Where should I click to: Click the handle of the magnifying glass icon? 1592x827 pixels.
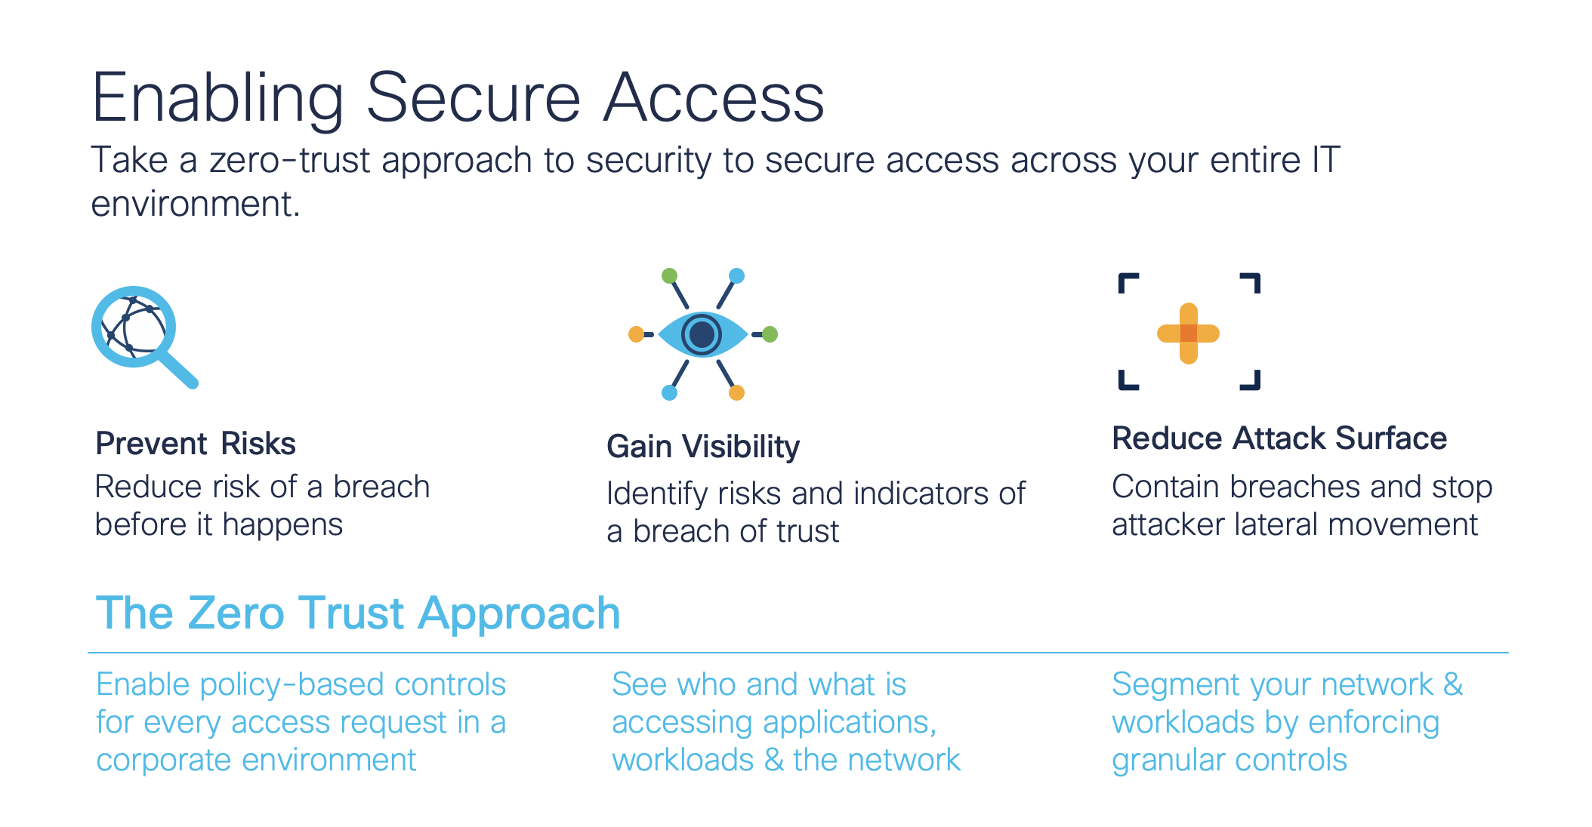coord(180,370)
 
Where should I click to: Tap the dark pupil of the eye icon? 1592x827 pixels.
coord(702,334)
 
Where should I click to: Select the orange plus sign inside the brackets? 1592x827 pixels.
coord(1188,334)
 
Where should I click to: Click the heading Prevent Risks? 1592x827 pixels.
coord(196,444)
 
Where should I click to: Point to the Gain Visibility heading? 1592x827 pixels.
coord(703,447)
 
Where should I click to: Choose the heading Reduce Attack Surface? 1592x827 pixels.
coord(1279,438)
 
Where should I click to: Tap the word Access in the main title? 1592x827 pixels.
coord(714,98)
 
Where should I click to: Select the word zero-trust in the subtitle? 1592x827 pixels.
coord(289,161)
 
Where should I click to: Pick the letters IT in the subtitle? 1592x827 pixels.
coord(1325,160)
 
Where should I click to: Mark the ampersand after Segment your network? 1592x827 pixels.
coord(1453,684)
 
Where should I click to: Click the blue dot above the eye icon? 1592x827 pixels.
coord(736,275)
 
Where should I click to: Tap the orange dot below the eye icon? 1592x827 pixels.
coord(736,392)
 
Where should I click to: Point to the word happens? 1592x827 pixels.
coord(282,525)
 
